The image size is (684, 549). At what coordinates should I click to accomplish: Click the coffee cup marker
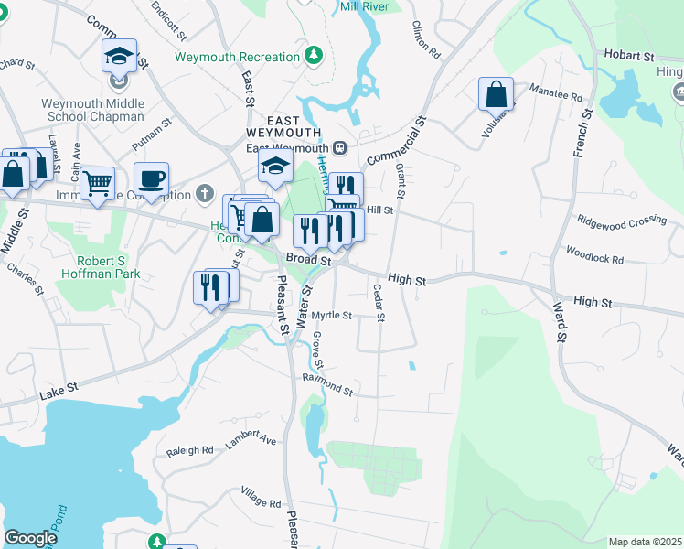tap(151, 178)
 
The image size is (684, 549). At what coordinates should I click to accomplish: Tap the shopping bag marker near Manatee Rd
tap(495, 93)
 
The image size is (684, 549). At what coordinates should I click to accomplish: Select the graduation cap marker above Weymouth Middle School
tap(119, 57)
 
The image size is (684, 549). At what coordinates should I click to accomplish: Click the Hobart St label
tap(627, 55)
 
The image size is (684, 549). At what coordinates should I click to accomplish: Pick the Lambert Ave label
tap(251, 439)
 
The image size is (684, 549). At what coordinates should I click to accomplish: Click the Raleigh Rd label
tap(189, 451)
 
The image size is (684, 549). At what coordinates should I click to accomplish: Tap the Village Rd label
tap(261, 502)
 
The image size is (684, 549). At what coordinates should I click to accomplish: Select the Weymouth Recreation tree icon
tap(314, 56)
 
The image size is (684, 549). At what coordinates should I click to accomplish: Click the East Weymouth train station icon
tap(339, 147)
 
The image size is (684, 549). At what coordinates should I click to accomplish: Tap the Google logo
tap(31, 538)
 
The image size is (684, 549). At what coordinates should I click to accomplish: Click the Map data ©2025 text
tap(644, 542)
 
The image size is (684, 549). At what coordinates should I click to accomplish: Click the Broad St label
tap(306, 259)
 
